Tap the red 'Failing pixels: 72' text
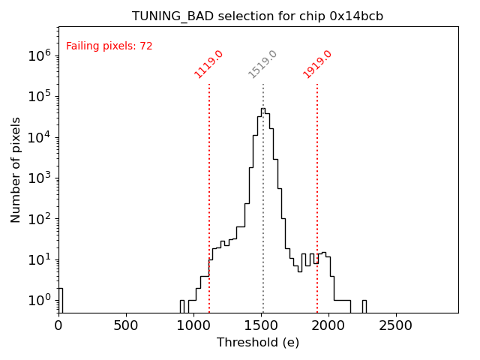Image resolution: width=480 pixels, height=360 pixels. (109, 46)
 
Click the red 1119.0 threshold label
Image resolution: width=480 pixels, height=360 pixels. (209, 64)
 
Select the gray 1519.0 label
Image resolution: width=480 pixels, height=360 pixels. (263, 64)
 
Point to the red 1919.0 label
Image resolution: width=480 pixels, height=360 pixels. (317, 64)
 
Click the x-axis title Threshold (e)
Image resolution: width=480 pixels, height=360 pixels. (258, 343)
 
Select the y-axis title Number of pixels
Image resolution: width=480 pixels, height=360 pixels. (16, 169)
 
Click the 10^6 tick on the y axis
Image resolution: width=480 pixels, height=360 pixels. (40, 55)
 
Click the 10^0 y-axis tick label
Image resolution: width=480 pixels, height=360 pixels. (40, 301)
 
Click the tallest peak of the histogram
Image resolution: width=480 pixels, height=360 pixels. (262, 109)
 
